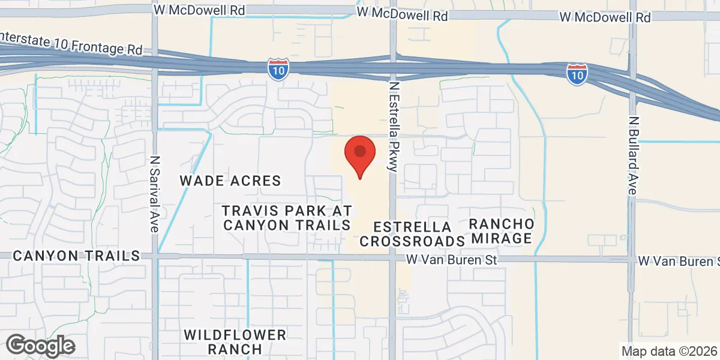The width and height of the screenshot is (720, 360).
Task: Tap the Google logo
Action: click(40, 346)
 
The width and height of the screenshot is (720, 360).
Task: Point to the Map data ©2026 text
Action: click(669, 351)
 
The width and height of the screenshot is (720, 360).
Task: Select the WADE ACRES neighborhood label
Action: click(231, 181)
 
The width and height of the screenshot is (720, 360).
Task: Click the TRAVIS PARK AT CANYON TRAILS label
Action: click(286, 218)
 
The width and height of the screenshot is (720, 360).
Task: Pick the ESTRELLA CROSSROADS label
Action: click(412, 234)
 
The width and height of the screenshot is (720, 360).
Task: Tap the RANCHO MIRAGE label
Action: click(502, 230)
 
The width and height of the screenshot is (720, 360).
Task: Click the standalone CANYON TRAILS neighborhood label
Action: click(76, 256)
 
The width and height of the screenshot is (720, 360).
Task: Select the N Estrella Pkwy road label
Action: click(394, 127)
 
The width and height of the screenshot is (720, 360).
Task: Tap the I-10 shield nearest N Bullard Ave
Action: click(577, 74)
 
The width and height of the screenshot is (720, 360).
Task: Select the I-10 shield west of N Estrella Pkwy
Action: click(278, 70)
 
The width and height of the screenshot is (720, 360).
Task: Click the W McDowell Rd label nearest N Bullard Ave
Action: click(605, 17)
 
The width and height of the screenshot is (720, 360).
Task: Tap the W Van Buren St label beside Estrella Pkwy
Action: click(452, 260)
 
